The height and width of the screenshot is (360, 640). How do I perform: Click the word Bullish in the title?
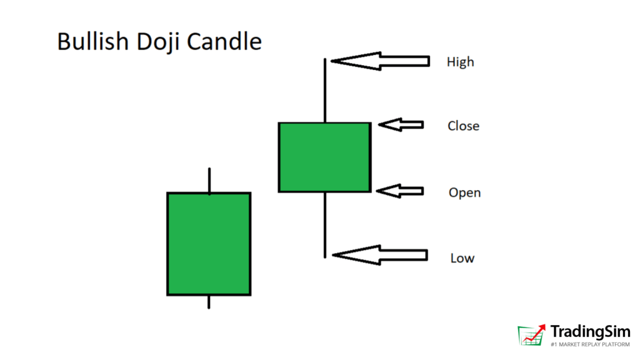point(93,42)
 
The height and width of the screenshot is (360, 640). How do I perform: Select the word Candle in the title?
point(224,42)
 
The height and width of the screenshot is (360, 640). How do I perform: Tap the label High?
point(461,62)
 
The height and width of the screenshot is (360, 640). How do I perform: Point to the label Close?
point(463,126)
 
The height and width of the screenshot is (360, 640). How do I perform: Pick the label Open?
point(464,192)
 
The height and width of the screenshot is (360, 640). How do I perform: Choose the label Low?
point(462,258)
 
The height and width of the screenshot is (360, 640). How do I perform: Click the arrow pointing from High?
point(380,61)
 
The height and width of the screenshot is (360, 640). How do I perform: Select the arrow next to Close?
point(401,124)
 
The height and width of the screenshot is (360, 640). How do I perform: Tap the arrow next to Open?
point(400,191)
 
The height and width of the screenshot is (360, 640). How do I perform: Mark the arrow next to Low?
point(380,255)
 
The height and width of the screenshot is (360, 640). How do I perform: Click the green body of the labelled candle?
point(325,157)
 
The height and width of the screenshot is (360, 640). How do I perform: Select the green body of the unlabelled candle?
point(209,244)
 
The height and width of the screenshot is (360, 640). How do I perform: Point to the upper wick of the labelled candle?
point(325,90)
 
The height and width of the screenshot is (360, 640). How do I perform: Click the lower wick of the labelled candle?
point(325,225)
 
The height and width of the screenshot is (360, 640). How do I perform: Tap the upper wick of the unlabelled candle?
point(209,180)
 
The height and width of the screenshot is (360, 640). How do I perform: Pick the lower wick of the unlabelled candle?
point(209,302)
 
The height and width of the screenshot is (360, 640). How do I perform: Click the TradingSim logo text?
point(590,331)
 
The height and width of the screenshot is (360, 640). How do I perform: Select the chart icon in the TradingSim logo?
point(532,335)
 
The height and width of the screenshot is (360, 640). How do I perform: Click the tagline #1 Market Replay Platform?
point(590,344)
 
